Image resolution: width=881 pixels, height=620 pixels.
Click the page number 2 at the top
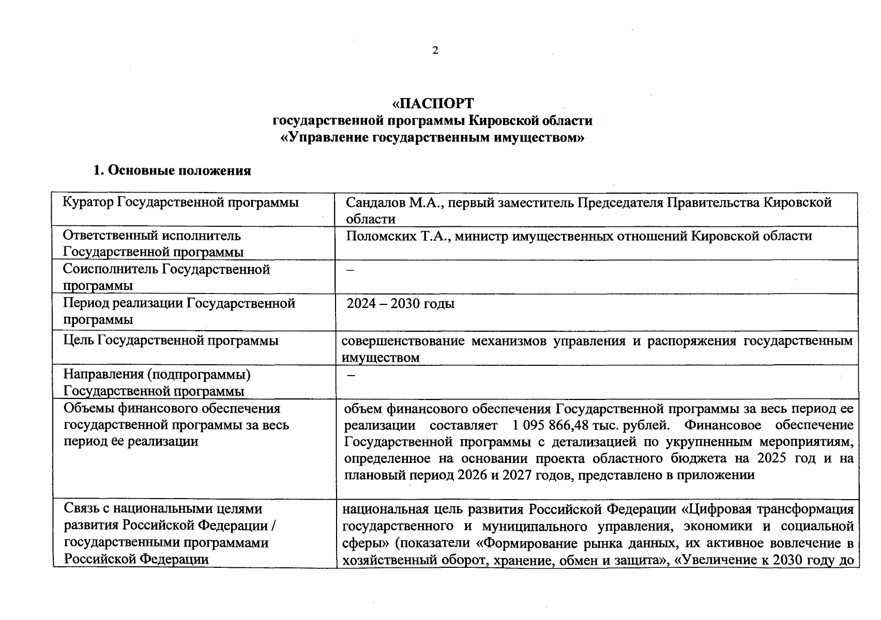click(435, 51)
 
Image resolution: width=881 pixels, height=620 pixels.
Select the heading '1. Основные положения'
click(172, 171)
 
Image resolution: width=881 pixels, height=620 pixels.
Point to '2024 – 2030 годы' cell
click(400, 303)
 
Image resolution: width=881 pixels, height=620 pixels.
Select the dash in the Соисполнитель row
click(351, 271)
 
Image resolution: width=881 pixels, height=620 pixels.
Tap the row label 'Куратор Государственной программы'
click(180, 202)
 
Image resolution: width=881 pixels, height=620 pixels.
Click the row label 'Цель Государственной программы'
click(171, 340)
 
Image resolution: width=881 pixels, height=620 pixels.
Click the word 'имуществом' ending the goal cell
click(381, 357)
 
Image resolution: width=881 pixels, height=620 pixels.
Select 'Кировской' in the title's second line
click(501, 121)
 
